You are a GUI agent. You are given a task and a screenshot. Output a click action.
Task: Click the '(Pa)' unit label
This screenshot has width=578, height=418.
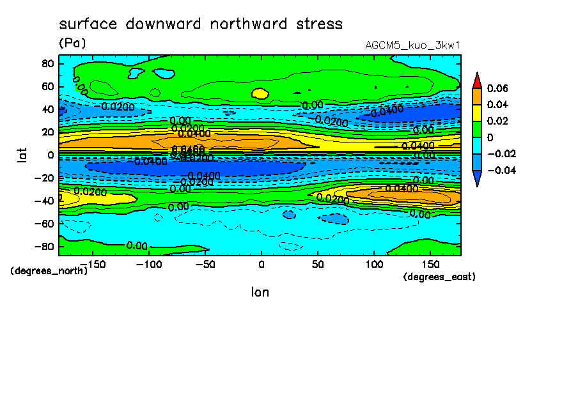pos(72,43)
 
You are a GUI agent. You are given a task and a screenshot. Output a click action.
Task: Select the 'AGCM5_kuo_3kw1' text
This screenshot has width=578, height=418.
pos(412,45)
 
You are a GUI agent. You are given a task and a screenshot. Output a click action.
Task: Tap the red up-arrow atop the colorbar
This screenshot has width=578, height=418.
pos(477,80)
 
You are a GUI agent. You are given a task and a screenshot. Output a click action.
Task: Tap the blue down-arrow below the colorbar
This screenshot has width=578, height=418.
pos(477,178)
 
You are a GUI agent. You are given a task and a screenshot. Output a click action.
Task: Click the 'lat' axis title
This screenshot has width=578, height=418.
pos(22,154)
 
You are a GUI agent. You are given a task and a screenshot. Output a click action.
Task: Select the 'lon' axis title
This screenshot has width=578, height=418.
pos(260,292)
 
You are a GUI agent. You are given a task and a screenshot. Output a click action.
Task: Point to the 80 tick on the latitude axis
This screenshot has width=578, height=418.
pos(47,63)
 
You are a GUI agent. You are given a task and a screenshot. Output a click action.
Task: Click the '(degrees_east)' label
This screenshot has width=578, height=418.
pos(439,277)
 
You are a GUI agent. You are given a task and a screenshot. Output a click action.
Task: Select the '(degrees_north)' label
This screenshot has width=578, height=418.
pos(49,270)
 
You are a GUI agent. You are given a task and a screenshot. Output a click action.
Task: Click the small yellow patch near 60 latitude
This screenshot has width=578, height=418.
pos(260,93)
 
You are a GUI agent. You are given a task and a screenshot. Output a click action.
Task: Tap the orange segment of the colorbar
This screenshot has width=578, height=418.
pos(477,96)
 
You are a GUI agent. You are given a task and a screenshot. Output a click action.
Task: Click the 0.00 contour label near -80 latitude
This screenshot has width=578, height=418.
pos(137,245)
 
